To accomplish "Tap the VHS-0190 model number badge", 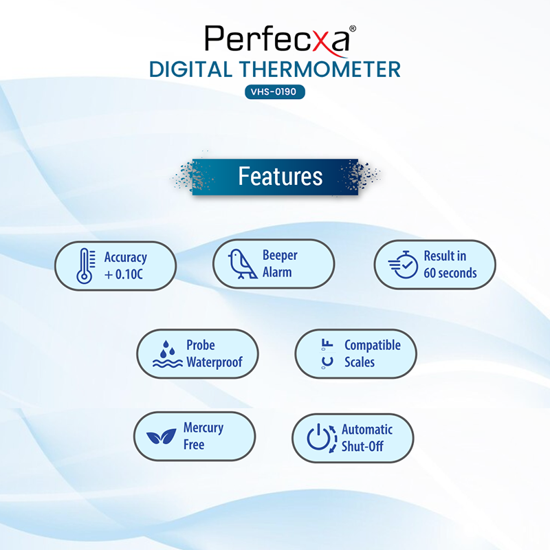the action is pyautogui.click(x=274, y=92).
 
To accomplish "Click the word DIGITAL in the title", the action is pyautogui.click(x=190, y=69).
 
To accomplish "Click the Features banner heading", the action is pyautogui.click(x=280, y=176).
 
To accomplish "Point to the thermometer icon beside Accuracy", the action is pyautogui.click(x=86, y=266).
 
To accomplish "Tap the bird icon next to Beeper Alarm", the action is pyautogui.click(x=243, y=264).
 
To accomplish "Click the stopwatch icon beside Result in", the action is pyautogui.click(x=403, y=265).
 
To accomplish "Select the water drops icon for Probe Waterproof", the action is pyautogui.click(x=167, y=354).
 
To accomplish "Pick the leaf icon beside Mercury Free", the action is pyautogui.click(x=162, y=437).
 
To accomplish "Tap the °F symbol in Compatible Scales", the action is pyautogui.click(x=327, y=344).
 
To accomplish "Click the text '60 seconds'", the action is pyautogui.click(x=450, y=273).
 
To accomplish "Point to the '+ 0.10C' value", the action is pyautogui.click(x=124, y=274).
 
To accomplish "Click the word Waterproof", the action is pyautogui.click(x=214, y=362).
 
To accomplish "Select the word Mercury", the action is pyautogui.click(x=203, y=428).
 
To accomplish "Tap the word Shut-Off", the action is pyautogui.click(x=362, y=446).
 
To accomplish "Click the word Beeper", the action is pyautogui.click(x=280, y=255).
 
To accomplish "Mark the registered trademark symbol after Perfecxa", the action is pyautogui.click(x=353, y=28).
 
